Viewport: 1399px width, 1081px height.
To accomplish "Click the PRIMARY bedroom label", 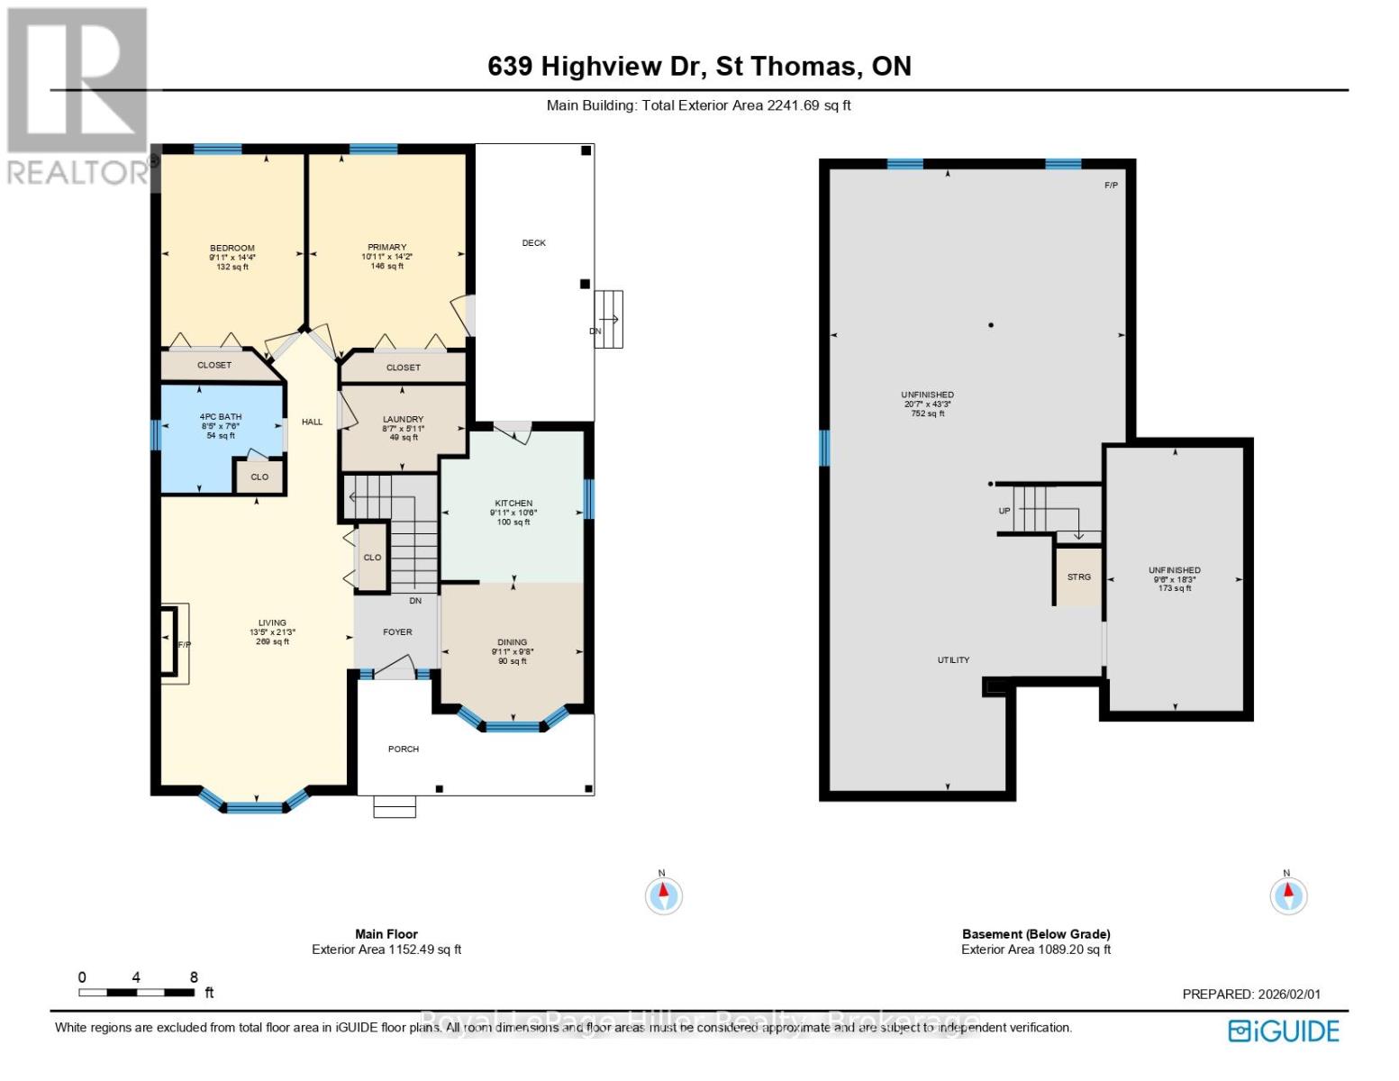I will coord(386,248).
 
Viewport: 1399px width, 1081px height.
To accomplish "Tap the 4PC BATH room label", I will coord(221,417).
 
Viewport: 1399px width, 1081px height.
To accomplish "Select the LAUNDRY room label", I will coord(403,420).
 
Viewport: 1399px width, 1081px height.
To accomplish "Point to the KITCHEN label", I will coord(513,504).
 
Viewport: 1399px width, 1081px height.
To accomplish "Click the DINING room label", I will coord(513,642).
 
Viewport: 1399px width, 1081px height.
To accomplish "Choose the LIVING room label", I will coord(272,623).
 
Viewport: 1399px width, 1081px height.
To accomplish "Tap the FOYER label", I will coord(397,632).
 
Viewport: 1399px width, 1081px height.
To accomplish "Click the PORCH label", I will coord(404,749).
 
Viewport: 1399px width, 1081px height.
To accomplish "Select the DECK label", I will coord(534,243).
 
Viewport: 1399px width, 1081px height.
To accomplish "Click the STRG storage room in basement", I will coord(1079,577).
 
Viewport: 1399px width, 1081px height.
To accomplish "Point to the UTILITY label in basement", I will coord(953,660).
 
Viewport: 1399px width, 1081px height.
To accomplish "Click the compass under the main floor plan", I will coord(664,895).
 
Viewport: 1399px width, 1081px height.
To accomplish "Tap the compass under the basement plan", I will coord(1288,895).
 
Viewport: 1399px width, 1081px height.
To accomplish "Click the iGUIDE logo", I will coord(1285,1031).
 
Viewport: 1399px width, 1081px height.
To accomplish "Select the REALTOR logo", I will coord(77,95).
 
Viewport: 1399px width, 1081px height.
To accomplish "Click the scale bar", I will coord(137,993).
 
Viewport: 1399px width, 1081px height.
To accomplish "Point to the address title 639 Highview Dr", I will coord(699,67).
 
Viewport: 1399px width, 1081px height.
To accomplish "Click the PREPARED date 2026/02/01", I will coord(1251,995).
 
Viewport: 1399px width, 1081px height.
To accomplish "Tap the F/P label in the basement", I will coord(1111,186).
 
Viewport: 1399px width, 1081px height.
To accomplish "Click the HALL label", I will coord(312,422).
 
